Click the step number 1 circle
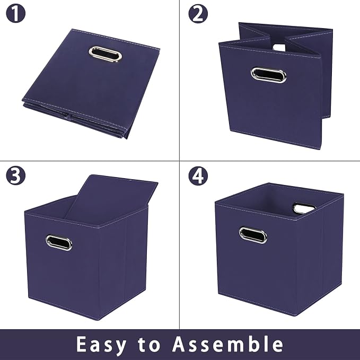pos(15,14)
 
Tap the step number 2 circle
pos(198,14)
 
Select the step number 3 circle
pos(15,175)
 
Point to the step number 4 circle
pos(198,175)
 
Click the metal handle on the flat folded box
pos(106,54)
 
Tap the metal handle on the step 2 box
pos(268,75)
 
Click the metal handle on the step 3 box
pos(59,242)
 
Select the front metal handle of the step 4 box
pos(253,235)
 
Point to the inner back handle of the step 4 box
pos(303,208)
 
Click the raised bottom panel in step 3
pos(112,199)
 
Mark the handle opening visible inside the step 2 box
pos(279,47)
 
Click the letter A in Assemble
pos(180,344)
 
